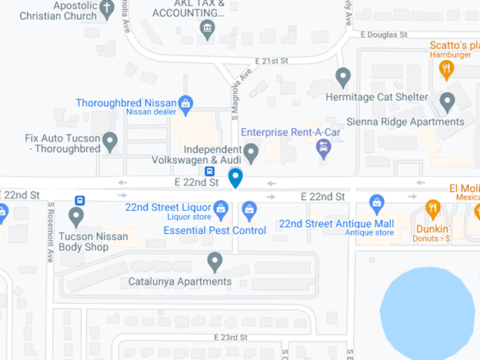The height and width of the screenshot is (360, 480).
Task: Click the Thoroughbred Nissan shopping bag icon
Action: pyautogui.click(x=185, y=102)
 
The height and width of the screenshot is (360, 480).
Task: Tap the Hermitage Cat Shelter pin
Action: pyautogui.click(x=344, y=77)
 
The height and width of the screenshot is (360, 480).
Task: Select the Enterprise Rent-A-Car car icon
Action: pyautogui.click(x=324, y=148)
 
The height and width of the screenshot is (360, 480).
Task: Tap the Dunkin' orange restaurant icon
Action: pyautogui.click(x=433, y=208)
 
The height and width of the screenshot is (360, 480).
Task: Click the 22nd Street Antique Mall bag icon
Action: pyautogui.click(x=376, y=204)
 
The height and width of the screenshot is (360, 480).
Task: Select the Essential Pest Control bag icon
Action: pyautogui.click(x=249, y=208)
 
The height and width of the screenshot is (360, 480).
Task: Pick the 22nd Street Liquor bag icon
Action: pyautogui.click(x=221, y=208)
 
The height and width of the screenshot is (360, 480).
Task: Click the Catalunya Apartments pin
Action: pyautogui.click(x=215, y=262)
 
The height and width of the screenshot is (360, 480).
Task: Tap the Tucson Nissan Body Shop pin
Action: pyautogui.click(x=76, y=216)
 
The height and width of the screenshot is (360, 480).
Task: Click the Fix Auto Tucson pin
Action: pyautogui.click(x=110, y=141)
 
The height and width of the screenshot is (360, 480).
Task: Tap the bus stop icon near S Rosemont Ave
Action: pyautogui.click(x=80, y=200)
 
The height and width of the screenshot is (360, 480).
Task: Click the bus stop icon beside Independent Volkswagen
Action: pyautogui.click(x=209, y=171)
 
